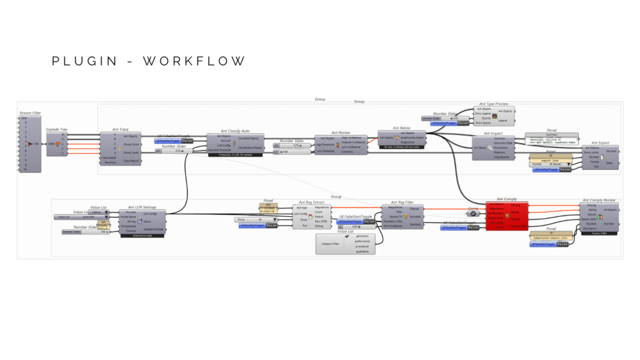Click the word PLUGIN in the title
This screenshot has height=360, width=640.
tap(84, 61)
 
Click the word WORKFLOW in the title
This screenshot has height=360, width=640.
tap(194, 61)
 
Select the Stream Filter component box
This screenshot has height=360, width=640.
tap(31, 144)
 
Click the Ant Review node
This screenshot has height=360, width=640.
tap(341, 144)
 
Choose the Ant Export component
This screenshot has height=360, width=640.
tap(599, 156)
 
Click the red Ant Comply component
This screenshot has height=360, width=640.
tap(507, 216)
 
